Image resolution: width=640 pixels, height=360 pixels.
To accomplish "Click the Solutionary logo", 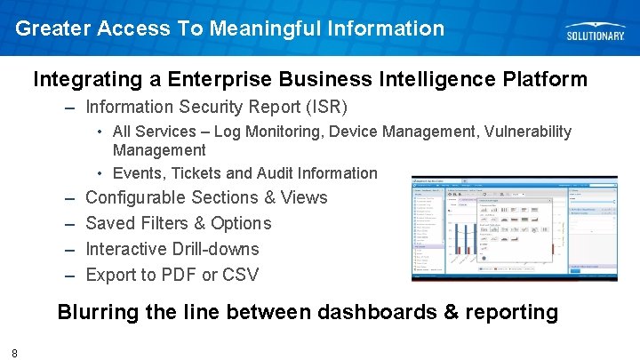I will (596, 31).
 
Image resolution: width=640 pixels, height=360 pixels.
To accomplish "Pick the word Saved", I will (111, 223).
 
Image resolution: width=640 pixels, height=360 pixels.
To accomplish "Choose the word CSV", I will (239, 275).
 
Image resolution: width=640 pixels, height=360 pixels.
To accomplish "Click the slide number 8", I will (15, 353).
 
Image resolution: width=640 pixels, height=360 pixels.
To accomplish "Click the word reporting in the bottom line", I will (515, 312).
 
